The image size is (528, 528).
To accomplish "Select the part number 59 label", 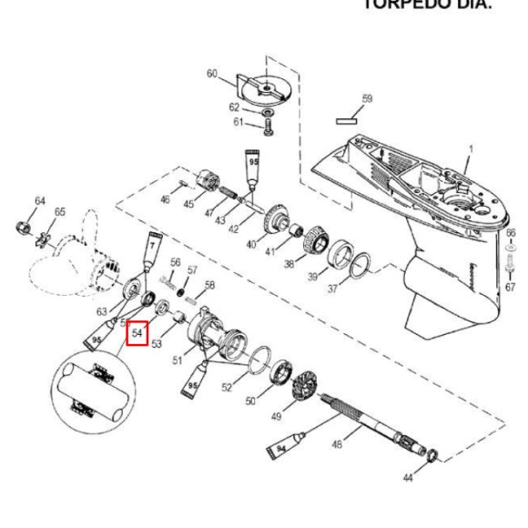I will [x=367, y=98].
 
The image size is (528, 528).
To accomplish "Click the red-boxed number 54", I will [x=137, y=334].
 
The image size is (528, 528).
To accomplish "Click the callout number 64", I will [x=40, y=200].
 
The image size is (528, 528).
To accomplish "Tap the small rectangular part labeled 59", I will [x=348, y=117].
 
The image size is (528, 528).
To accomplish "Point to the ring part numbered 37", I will [x=360, y=265].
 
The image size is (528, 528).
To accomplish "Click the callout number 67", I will [x=511, y=288].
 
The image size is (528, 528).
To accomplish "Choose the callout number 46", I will [x=165, y=198].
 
